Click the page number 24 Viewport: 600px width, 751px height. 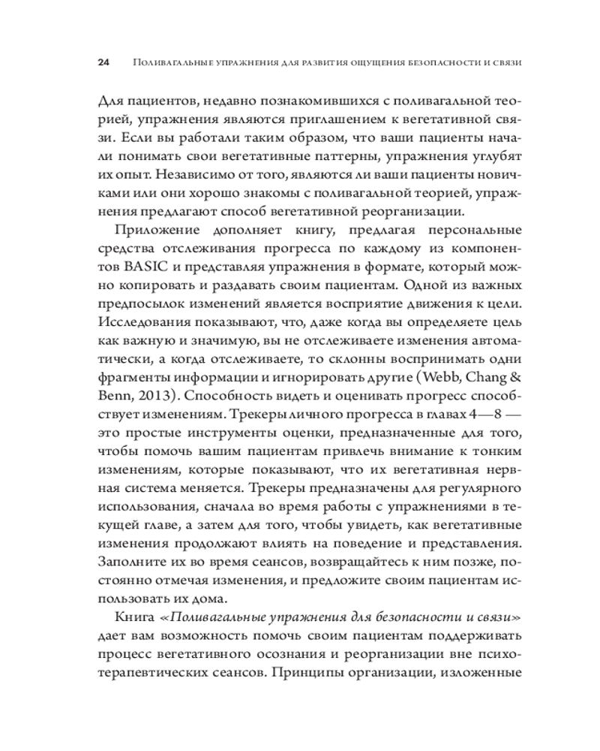pyautogui.click(x=103, y=62)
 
